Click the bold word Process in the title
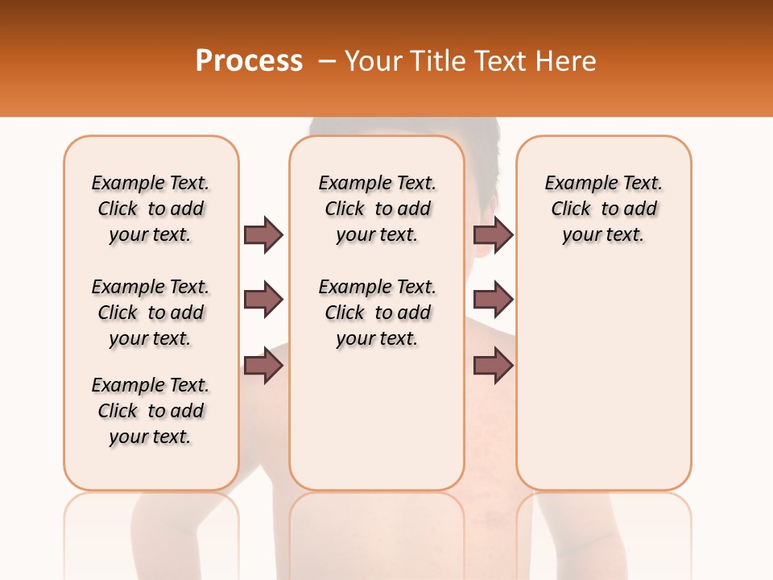point(249,61)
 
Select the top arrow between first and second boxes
point(263,234)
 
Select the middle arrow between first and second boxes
point(263,300)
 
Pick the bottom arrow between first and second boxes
point(263,366)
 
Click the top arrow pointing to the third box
point(493,234)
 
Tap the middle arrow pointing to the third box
point(493,300)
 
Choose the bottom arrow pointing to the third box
point(493,366)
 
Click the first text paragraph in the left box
point(151,209)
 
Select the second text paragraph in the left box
point(151,313)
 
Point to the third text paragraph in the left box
point(151,411)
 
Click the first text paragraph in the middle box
point(377,209)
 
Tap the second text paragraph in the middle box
point(377,313)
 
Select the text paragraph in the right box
point(603,209)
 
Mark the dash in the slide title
point(327,62)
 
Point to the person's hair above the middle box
point(403,126)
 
